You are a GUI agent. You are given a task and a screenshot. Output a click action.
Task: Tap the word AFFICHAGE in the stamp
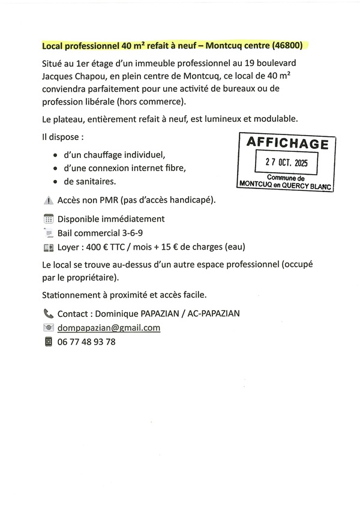tap(287, 144)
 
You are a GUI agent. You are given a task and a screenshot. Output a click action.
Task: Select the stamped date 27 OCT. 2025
tap(287, 163)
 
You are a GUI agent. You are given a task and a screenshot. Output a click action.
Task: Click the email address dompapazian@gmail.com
tap(109, 328)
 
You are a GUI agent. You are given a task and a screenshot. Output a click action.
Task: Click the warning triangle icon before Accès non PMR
tap(49, 200)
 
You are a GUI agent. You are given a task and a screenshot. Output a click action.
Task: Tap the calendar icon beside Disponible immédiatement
tap(49, 219)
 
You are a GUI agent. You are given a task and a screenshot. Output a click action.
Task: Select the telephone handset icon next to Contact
tap(49, 313)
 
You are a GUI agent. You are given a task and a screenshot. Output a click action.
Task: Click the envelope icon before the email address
tap(49, 328)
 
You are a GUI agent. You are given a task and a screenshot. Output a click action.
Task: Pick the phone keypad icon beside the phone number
tap(49, 342)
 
